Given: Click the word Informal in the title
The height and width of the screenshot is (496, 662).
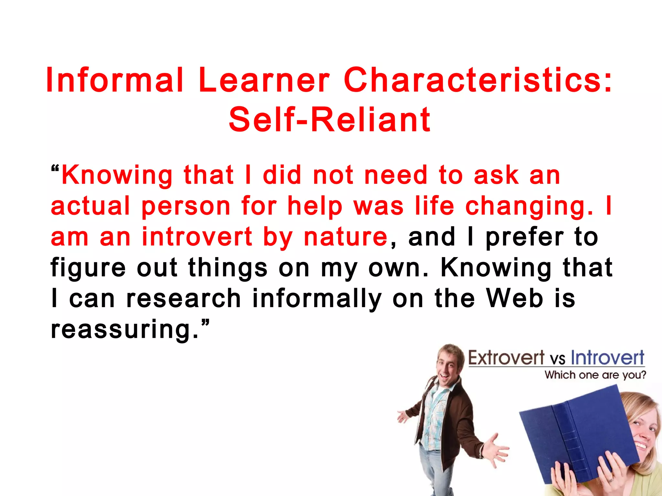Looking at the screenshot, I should point(115,80).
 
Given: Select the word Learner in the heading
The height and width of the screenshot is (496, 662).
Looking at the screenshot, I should point(264,80).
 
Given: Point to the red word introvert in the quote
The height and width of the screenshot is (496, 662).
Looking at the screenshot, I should point(197,237).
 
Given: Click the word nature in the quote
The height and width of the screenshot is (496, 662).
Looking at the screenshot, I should point(346,237).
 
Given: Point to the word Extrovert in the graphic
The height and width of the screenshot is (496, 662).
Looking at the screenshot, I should point(506,358).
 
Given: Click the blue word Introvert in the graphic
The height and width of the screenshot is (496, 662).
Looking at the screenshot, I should point(607,358).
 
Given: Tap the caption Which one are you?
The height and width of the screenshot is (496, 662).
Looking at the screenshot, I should point(595,375).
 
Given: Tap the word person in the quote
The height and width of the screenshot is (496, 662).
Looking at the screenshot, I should point(186,206).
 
